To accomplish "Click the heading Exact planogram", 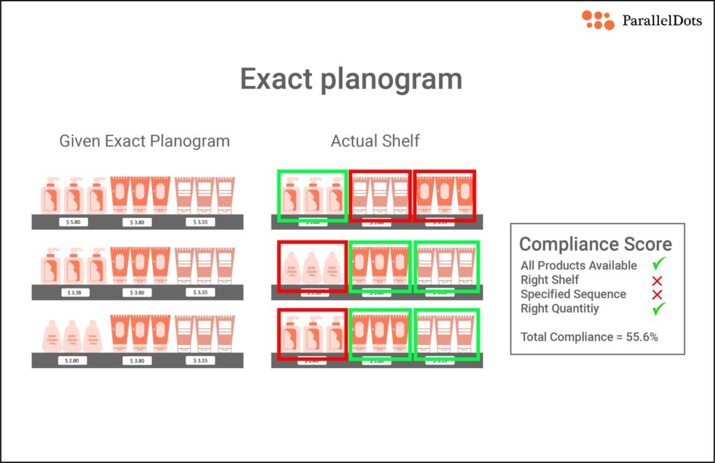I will (x=351, y=79).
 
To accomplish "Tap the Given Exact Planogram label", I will (x=145, y=141).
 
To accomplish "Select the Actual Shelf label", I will (x=375, y=141).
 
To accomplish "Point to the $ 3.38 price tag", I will (x=75, y=292).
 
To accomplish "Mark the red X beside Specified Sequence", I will (x=656, y=294).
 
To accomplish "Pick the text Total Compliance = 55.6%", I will (x=589, y=337).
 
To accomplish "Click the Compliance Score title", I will (x=596, y=244).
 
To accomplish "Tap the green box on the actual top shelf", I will (x=312, y=196).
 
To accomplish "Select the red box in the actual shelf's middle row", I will (x=312, y=267).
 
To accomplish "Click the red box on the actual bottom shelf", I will (x=312, y=334).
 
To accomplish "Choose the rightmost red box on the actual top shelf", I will (x=444, y=195).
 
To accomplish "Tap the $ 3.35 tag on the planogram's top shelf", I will (x=200, y=222).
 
